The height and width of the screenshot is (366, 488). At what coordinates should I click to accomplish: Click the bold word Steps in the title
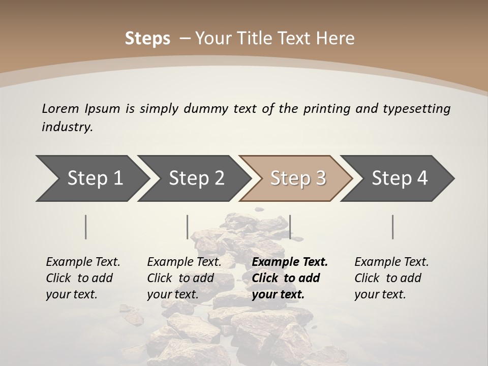[147, 39]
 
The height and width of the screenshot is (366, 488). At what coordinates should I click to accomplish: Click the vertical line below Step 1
[85, 227]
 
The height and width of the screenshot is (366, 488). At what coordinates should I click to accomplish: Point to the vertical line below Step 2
[188, 227]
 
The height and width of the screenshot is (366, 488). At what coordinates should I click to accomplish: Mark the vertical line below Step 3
[290, 227]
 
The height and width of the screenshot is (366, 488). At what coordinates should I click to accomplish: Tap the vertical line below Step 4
[392, 227]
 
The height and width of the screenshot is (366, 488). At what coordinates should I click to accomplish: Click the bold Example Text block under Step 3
[290, 278]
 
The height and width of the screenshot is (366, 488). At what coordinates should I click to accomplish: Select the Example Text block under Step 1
[83, 278]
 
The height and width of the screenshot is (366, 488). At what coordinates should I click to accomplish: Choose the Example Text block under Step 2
[184, 278]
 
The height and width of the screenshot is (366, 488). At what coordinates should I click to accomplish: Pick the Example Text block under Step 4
[391, 278]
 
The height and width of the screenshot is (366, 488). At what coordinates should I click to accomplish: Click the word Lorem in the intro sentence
[60, 109]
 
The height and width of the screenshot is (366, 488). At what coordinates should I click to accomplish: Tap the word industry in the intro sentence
[67, 127]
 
